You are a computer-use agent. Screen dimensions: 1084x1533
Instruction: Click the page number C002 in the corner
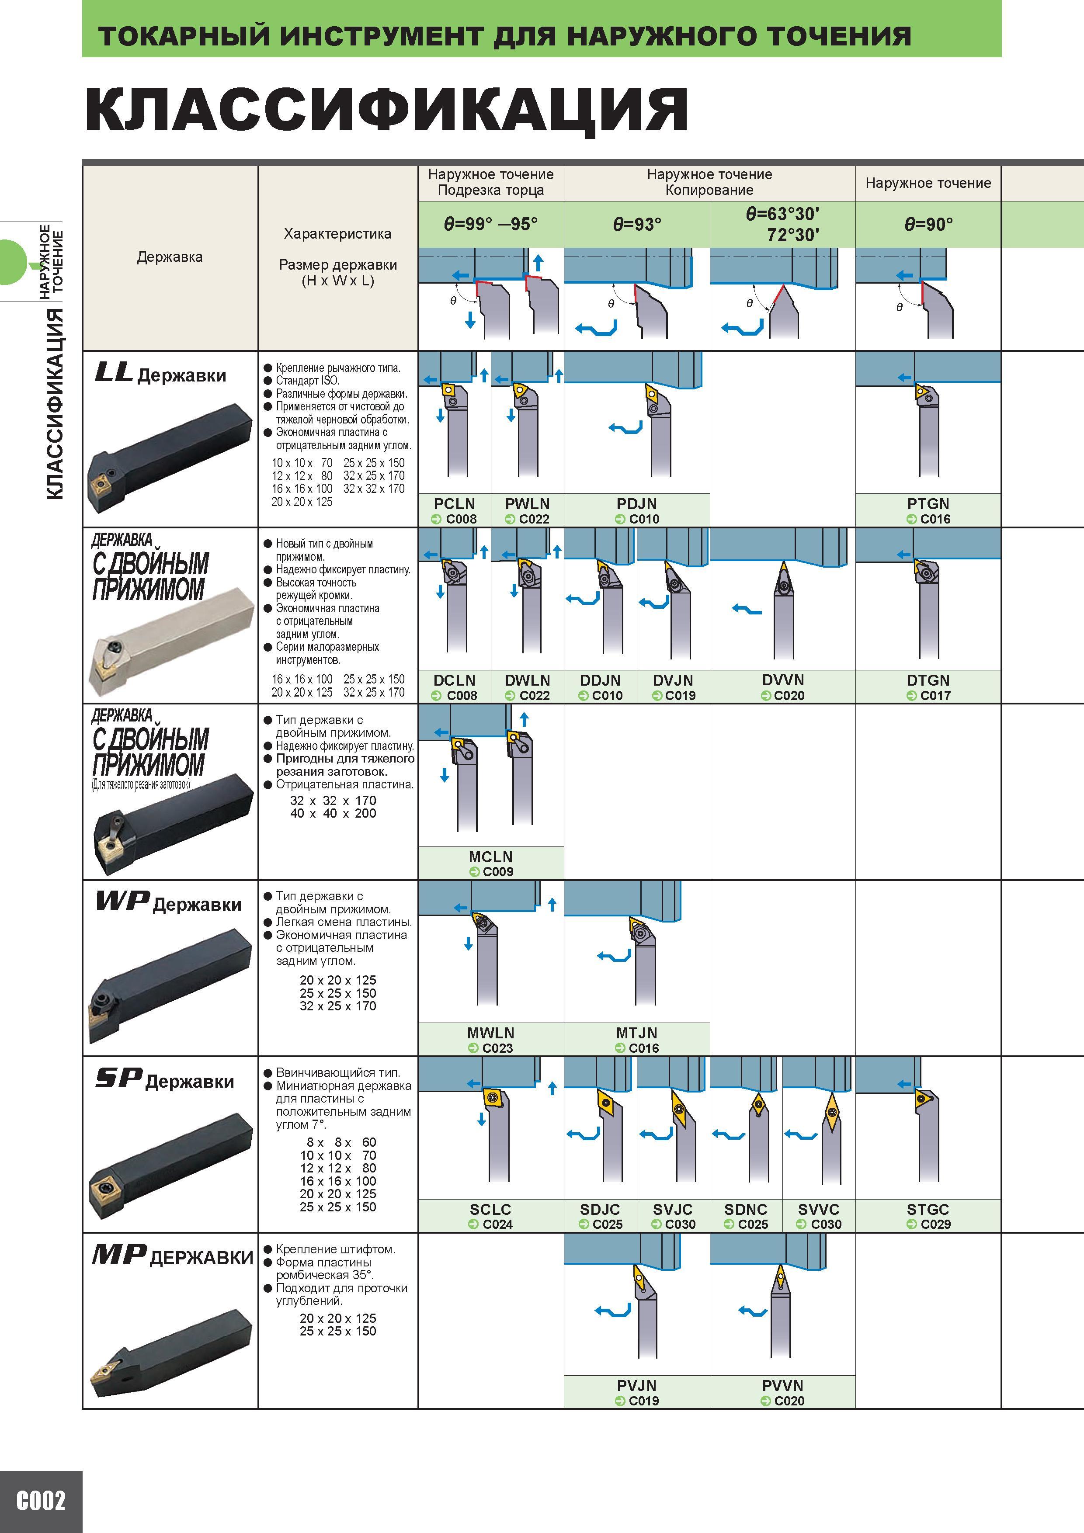click(x=41, y=1502)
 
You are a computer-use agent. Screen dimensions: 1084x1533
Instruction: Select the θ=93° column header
click(x=636, y=224)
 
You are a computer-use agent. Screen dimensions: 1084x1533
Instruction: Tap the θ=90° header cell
click(x=928, y=224)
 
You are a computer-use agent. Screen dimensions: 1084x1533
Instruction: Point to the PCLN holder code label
click(x=454, y=503)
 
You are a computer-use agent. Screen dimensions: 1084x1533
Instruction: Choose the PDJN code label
click(x=636, y=503)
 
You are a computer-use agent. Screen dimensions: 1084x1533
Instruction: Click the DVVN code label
click(x=783, y=680)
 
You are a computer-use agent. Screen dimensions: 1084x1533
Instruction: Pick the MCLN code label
click(x=491, y=856)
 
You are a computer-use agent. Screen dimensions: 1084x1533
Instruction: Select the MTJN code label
click(x=636, y=1032)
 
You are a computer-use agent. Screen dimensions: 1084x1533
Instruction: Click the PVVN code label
click(x=783, y=1385)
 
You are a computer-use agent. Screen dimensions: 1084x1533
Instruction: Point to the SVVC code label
click(x=819, y=1208)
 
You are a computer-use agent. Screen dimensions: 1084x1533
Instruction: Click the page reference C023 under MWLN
click(x=497, y=1047)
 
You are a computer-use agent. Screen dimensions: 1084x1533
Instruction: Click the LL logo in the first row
click(x=114, y=373)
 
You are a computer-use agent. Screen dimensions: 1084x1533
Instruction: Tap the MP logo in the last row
click(x=119, y=1255)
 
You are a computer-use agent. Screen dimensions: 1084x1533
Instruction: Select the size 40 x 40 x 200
click(x=333, y=813)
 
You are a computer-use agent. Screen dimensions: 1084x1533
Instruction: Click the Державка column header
click(x=170, y=257)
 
